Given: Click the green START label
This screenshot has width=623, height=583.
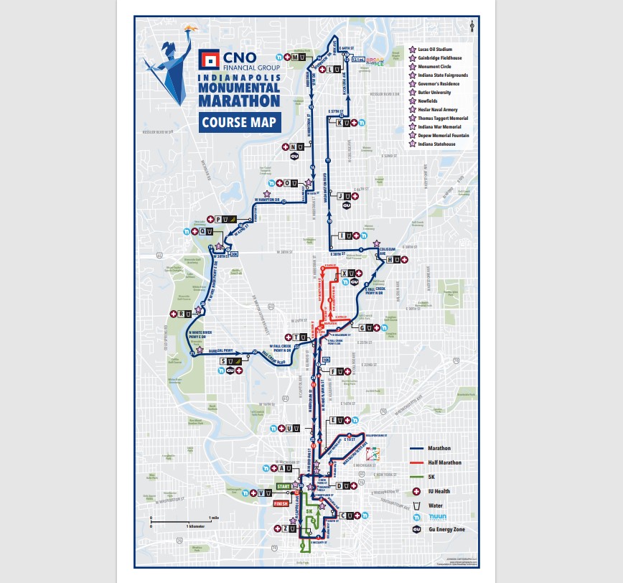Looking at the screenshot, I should (x=282, y=487).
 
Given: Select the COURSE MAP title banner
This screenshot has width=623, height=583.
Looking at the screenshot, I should (x=240, y=122).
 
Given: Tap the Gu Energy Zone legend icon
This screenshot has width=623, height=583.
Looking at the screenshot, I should (x=416, y=529).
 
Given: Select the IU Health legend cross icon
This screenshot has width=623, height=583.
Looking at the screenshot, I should (x=416, y=491).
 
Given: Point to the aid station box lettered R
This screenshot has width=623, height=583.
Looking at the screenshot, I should (x=185, y=313).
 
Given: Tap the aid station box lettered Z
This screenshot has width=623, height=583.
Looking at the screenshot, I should (x=289, y=528).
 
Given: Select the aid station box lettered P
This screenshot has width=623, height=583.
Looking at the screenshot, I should (x=221, y=219).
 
